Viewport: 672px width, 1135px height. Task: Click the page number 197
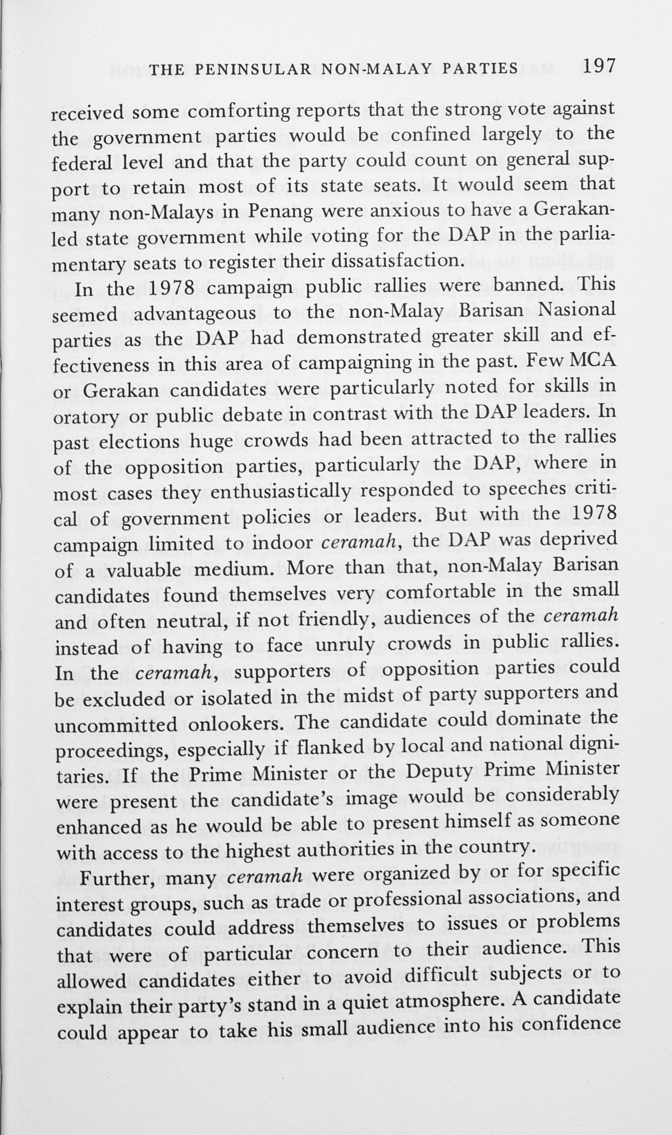coord(600,66)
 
